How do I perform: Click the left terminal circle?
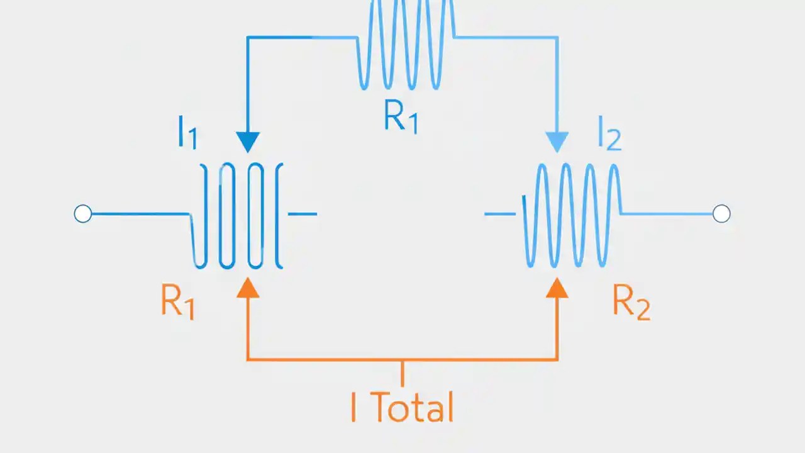click(83, 214)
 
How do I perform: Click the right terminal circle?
click(721, 214)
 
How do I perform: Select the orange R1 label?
click(177, 303)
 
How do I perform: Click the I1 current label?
click(187, 133)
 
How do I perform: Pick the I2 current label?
click(609, 136)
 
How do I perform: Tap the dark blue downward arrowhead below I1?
click(248, 142)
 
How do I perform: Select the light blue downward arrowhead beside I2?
click(557, 142)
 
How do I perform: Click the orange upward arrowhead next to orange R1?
click(248, 287)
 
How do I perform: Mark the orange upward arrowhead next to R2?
click(557, 287)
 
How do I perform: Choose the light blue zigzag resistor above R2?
click(572, 214)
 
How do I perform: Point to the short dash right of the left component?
click(303, 214)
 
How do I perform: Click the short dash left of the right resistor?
click(500, 214)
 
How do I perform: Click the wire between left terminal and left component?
click(138, 214)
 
